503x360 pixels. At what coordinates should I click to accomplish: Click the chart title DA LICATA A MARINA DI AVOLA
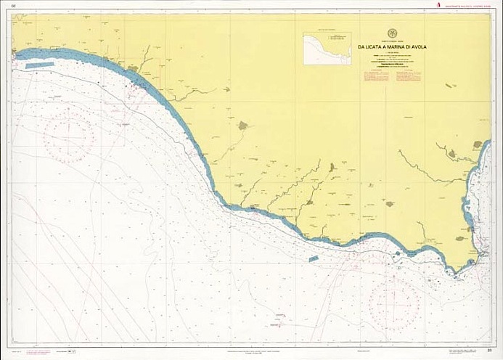(x=392, y=47)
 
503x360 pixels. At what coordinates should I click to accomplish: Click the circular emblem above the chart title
(x=392, y=33)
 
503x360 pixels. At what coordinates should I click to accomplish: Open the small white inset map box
(x=327, y=49)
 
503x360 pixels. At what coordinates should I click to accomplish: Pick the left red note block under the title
(x=366, y=74)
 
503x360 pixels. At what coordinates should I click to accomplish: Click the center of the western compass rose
(x=68, y=137)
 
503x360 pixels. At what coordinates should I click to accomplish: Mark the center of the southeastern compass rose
(x=394, y=302)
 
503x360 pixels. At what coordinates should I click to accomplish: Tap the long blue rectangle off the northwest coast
(x=40, y=65)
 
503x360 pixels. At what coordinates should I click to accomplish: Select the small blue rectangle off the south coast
(x=314, y=258)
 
